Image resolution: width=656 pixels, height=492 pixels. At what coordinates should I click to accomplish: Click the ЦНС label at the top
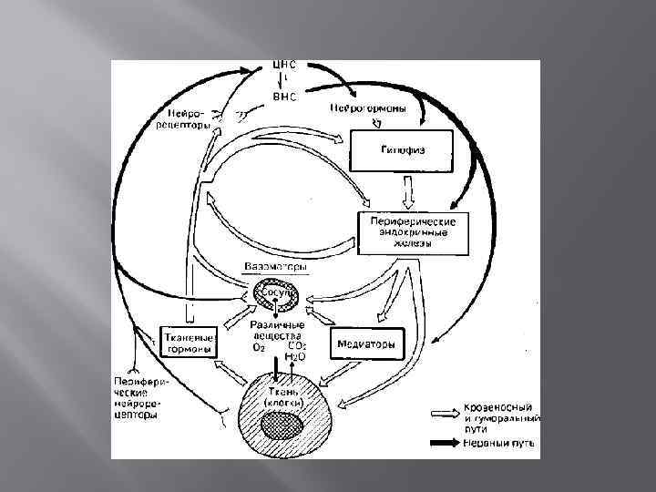point(283,66)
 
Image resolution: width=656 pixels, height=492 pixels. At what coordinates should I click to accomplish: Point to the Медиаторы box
point(366,344)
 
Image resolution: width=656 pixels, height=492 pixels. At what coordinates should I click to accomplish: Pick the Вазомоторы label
point(275,267)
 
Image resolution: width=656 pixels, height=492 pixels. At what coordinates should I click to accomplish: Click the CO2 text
point(297,346)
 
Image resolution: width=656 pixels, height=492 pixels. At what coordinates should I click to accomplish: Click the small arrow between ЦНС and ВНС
point(283,80)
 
